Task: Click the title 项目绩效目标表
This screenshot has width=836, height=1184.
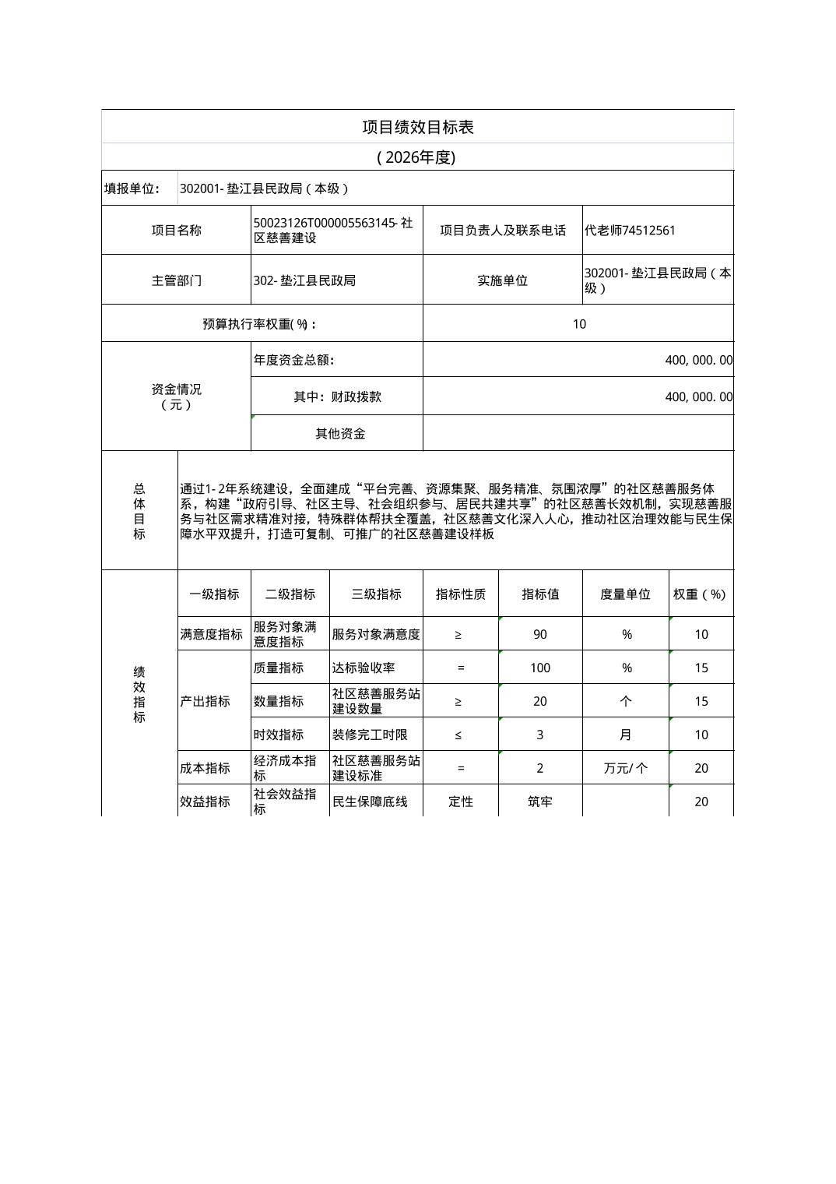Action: click(417, 127)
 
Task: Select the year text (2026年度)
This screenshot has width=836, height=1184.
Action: click(416, 157)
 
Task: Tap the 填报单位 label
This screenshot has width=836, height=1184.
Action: click(132, 189)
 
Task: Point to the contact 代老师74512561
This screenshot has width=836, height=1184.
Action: click(630, 231)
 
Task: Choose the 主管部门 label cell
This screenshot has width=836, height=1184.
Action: click(176, 280)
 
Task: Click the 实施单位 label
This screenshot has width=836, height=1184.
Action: click(502, 280)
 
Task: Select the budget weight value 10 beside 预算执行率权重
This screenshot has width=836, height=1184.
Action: click(578, 324)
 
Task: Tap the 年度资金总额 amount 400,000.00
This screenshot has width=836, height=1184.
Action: click(698, 360)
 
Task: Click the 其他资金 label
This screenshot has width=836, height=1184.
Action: click(339, 434)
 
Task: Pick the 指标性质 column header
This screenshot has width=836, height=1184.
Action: click(460, 594)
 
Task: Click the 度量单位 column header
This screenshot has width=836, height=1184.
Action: click(624, 594)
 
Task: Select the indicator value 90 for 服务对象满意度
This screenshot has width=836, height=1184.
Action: click(539, 635)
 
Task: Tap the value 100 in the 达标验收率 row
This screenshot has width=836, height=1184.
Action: click(539, 668)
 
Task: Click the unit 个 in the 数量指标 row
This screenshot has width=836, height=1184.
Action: click(625, 702)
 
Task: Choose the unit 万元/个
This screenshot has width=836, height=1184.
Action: click(625, 769)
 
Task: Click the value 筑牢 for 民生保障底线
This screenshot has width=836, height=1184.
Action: click(539, 802)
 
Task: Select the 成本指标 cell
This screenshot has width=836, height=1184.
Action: click(205, 769)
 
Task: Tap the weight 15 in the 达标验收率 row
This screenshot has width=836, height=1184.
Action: click(701, 668)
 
